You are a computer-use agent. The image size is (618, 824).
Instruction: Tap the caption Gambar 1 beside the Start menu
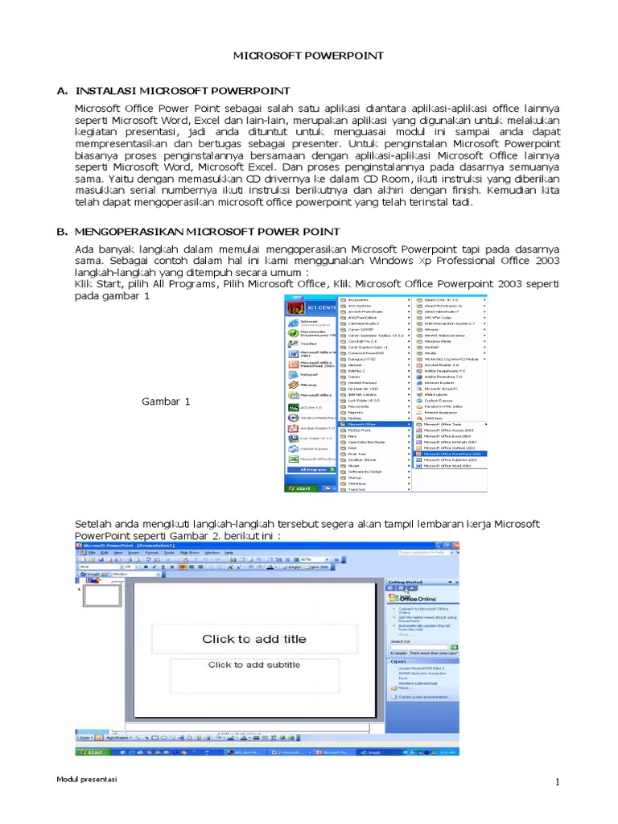pos(167,401)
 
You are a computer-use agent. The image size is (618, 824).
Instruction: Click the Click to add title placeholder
pos(253,639)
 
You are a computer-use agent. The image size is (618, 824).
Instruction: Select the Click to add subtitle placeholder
pos(253,665)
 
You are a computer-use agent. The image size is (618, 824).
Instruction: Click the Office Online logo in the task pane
pos(414,599)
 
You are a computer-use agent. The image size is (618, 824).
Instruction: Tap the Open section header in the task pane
pos(398,661)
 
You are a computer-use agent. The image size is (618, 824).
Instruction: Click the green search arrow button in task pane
pos(455,645)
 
